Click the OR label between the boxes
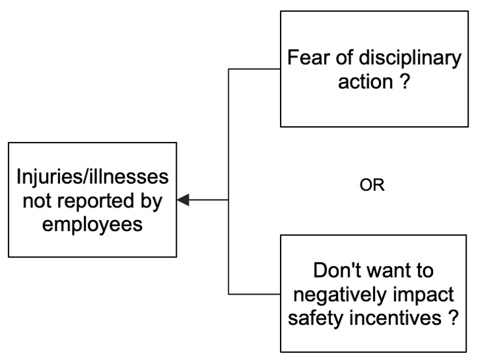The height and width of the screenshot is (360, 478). (372, 186)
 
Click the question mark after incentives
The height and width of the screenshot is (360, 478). (452, 317)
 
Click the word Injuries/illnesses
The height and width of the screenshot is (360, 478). (92, 178)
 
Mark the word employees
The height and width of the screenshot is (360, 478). (92, 225)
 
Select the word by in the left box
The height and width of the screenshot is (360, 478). (151, 201)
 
